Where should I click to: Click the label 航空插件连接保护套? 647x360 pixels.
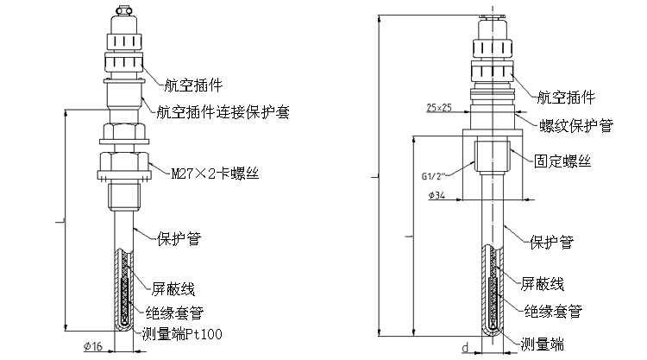click(x=223, y=112)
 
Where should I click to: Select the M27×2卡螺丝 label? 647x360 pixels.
click(x=216, y=174)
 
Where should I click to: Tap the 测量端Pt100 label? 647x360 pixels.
click(x=182, y=333)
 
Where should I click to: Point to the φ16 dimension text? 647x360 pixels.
click(x=93, y=346)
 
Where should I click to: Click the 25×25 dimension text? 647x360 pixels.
click(x=439, y=108)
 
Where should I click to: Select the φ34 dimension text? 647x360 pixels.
click(x=437, y=195)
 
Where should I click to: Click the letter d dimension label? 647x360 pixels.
click(x=465, y=348)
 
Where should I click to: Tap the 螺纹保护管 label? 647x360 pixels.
click(x=576, y=125)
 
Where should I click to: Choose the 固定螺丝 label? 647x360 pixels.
click(x=562, y=161)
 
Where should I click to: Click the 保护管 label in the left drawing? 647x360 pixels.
click(x=179, y=238)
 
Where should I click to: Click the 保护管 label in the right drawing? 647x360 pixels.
click(x=552, y=242)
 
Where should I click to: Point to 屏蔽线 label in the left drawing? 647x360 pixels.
click(x=173, y=289)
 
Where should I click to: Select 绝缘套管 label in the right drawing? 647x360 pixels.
click(x=553, y=311)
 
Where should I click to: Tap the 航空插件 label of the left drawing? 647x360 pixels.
click(x=193, y=85)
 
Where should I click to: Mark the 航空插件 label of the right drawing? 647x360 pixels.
click(x=566, y=98)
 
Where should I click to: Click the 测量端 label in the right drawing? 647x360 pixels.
click(x=543, y=344)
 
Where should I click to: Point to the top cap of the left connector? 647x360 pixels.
click(x=124, y=9)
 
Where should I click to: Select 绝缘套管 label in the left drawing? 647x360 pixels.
click(x=175, y=313)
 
